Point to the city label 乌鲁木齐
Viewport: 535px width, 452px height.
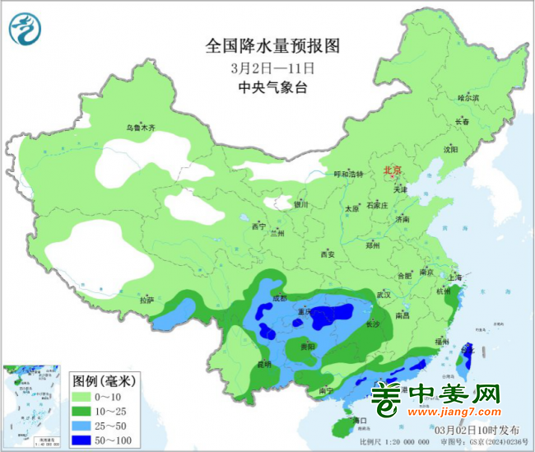(x=141, y=128)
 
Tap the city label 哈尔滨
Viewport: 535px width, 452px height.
(x=468, y=97)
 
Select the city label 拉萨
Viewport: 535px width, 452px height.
(x=147, y=300)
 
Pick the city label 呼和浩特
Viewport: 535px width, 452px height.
(x=347, y=175)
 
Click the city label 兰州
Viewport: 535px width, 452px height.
(x=277, y=233)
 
